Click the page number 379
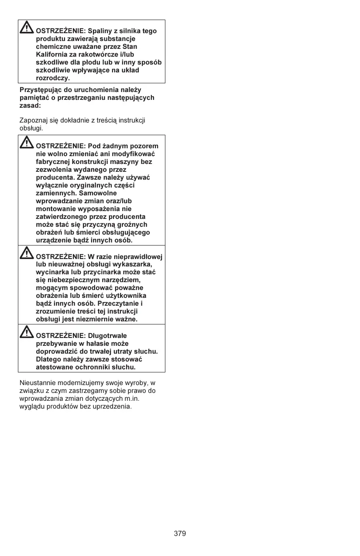(180, 533)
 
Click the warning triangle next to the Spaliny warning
(27, 28)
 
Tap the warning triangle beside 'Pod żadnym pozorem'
(27, 142)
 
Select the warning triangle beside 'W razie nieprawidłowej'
(27, 252)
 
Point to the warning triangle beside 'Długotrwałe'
(27, 332)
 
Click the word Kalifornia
(52, 55)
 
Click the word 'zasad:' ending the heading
(30, 106)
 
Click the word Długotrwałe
(107, 336)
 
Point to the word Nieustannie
(37, 383)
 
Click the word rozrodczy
(53, 78)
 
